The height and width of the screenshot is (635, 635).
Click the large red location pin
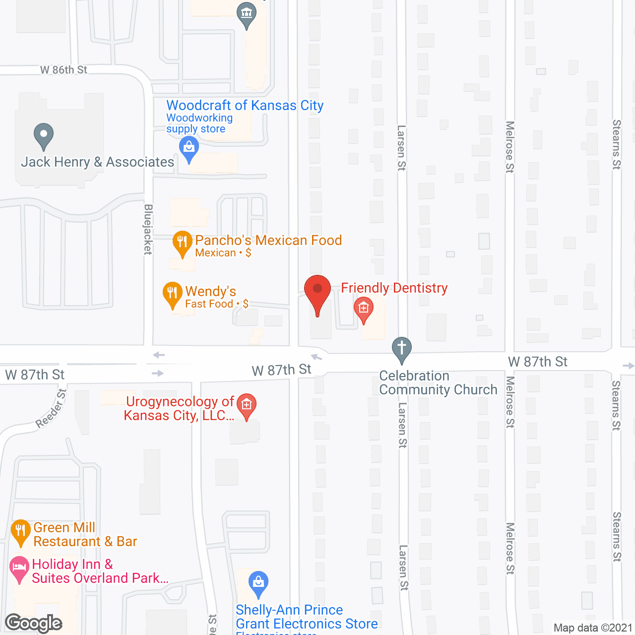click(317, 290)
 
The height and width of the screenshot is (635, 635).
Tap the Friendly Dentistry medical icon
click(364, 308)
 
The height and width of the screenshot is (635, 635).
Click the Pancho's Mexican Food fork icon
click(182, 242)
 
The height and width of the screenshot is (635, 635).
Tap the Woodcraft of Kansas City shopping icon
click(189, 147)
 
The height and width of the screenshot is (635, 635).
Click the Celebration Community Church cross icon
click(402, 347)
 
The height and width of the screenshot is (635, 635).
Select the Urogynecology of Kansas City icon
click(247, 405)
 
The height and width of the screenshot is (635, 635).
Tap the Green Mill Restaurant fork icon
click(20, 531)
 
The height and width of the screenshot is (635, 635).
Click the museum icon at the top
click(247, 13)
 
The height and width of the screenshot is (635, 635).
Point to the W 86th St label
click(63, 70)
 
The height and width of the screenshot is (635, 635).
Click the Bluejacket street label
click(148, 229)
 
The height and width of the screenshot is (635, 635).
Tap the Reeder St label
click(51, 409)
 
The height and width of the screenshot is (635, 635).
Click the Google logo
click(34, 623)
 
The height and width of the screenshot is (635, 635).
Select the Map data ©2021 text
click(593, 628)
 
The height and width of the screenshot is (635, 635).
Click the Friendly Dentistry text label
click(394, 288)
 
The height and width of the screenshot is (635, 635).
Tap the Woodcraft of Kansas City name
click(245, 105)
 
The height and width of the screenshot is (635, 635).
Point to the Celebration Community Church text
click(438, 382)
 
